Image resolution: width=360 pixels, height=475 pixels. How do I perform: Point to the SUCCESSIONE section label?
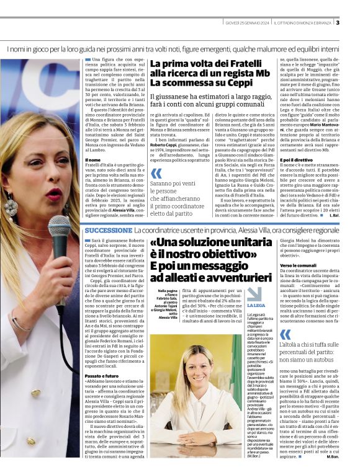coord(108,230)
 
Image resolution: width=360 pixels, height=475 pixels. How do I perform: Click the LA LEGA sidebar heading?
coord(255,306)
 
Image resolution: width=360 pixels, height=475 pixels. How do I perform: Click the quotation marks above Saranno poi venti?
coord(156,174)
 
